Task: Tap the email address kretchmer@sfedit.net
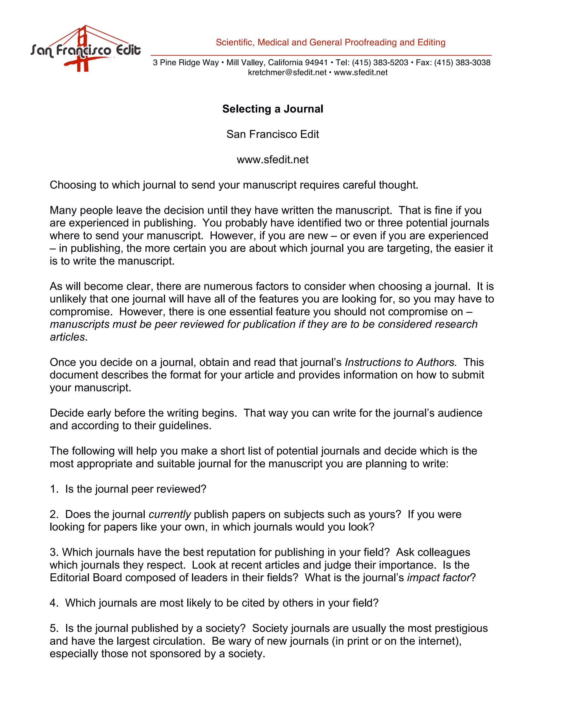[287, 73]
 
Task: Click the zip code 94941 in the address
[316, 63]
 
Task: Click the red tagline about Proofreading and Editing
[330, 42]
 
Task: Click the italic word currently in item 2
[170, 514]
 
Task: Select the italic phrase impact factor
[439, 577]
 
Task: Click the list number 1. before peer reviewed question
[54, 489]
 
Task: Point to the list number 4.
[54, 603]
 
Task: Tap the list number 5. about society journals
[54, 628]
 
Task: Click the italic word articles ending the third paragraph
[68, 337]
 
